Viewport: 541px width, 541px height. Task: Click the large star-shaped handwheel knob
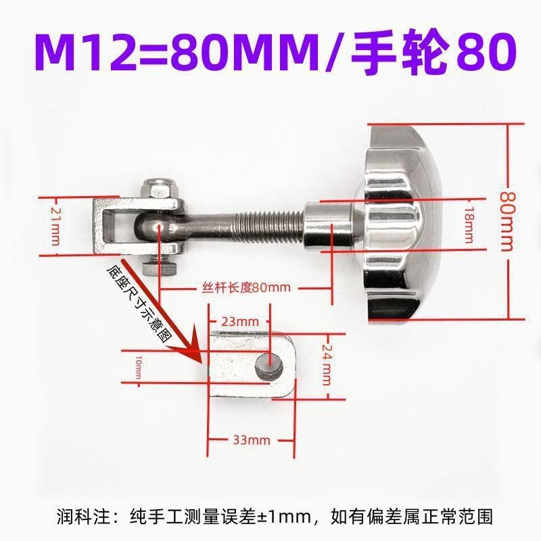point(399,223)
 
